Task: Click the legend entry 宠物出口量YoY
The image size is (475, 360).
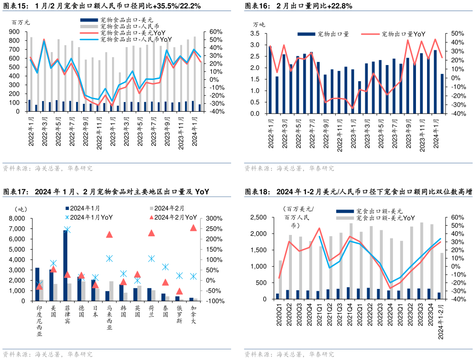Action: pyautogui.click(x=400, y=34)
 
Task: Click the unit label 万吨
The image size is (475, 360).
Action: pyautogui.click(x=259, y=24)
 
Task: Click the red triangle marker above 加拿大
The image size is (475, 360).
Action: pyautogui.click(x=193, y=228)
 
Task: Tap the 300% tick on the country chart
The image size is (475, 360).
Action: pyautogui.click(x=214, y=219)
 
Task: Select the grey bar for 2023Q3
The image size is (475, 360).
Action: pyautogui.click(x=422, y=261)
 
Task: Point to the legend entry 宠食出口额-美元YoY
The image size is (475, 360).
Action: pyautogui.click(x=386, y=218)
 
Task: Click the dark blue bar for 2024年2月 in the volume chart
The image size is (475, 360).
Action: pyautogui.click(x=442, y=94)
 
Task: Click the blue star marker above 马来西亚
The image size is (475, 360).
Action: pyautogui.click(x=109, y=258)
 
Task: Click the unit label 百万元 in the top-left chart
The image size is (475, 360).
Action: pyautogui.click(x=20, y=22)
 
